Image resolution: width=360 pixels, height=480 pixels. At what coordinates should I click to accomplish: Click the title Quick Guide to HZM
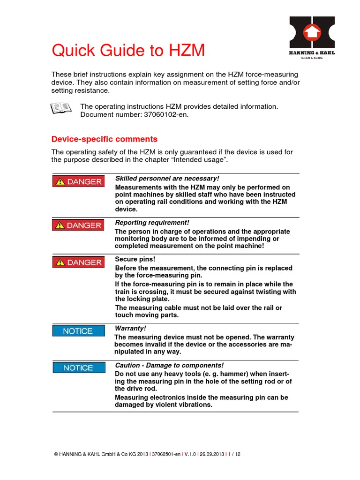[x=128, y=50]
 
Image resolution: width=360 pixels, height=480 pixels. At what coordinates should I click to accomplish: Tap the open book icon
[x=60, y=108]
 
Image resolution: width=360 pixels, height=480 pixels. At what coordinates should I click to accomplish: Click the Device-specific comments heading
[x=105, y=139]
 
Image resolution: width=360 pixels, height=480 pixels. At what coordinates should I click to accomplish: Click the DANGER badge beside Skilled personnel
[x=78, y=181]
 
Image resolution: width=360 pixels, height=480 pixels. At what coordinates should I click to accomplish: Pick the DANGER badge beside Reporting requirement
[x=78, y=225]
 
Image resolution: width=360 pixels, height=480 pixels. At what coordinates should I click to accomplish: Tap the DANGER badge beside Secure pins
[x=78, y=262]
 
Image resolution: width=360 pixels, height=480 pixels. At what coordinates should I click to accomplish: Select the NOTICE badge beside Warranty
[x=78, y=331]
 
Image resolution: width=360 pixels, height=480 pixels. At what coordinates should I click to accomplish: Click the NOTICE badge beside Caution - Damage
[x=78, y=368]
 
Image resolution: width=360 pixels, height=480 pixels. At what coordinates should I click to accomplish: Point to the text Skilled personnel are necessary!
[x=167, y=178]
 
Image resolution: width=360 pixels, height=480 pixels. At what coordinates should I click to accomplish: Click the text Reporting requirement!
[x=152, y=222]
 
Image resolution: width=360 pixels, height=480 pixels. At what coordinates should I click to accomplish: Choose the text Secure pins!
[x=135, y=259]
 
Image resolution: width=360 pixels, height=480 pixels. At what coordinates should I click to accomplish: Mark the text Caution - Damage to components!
[x=169, y=365]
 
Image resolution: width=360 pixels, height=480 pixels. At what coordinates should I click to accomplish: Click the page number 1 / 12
[x=234, y=454]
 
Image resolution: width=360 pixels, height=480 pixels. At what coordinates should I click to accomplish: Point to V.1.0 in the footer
[x=189, y=454]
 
